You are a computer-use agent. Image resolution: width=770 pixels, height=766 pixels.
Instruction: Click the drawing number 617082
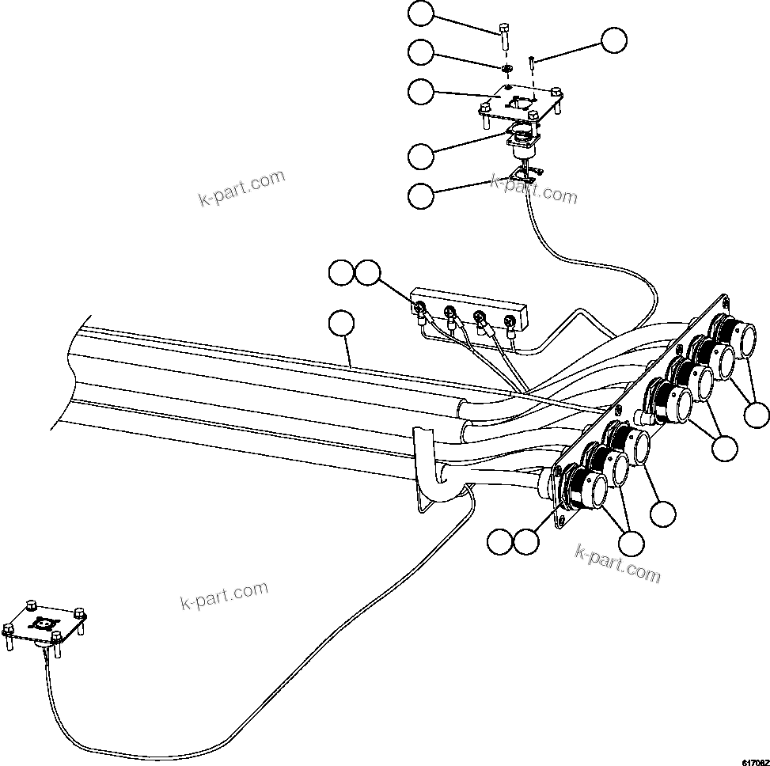click(x=754, y=760)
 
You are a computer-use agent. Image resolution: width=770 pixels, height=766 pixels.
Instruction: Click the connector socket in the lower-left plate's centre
click(x=45, y=624)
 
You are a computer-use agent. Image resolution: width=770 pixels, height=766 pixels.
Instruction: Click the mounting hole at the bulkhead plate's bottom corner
click(x=563, y=520)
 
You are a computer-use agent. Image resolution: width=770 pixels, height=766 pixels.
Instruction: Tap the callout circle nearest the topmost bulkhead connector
click(x=757, y=414)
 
